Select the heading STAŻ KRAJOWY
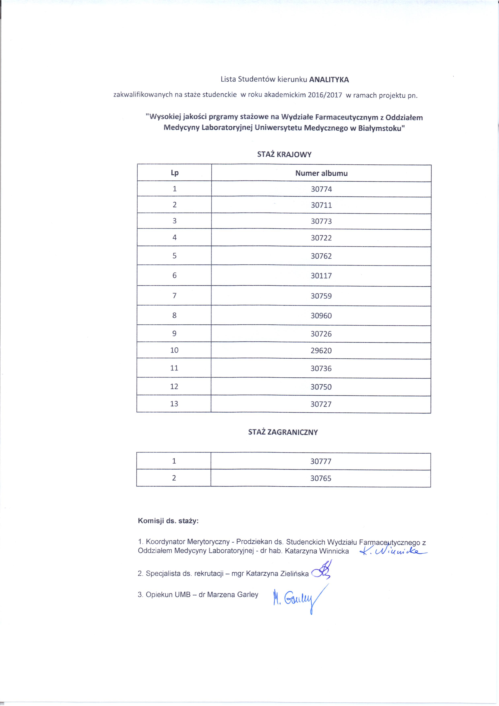tap(284, 154)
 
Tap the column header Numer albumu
tap(321, 173)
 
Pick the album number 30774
tap(321, 189)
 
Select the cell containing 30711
tap(321, 205)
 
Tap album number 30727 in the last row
tap(321, 404)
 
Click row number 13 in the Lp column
tap(174, 404)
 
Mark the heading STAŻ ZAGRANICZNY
tap(283, 432)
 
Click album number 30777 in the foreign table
tap(321, 461)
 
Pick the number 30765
tap(321, 478)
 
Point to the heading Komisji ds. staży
tap(168, 521)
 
